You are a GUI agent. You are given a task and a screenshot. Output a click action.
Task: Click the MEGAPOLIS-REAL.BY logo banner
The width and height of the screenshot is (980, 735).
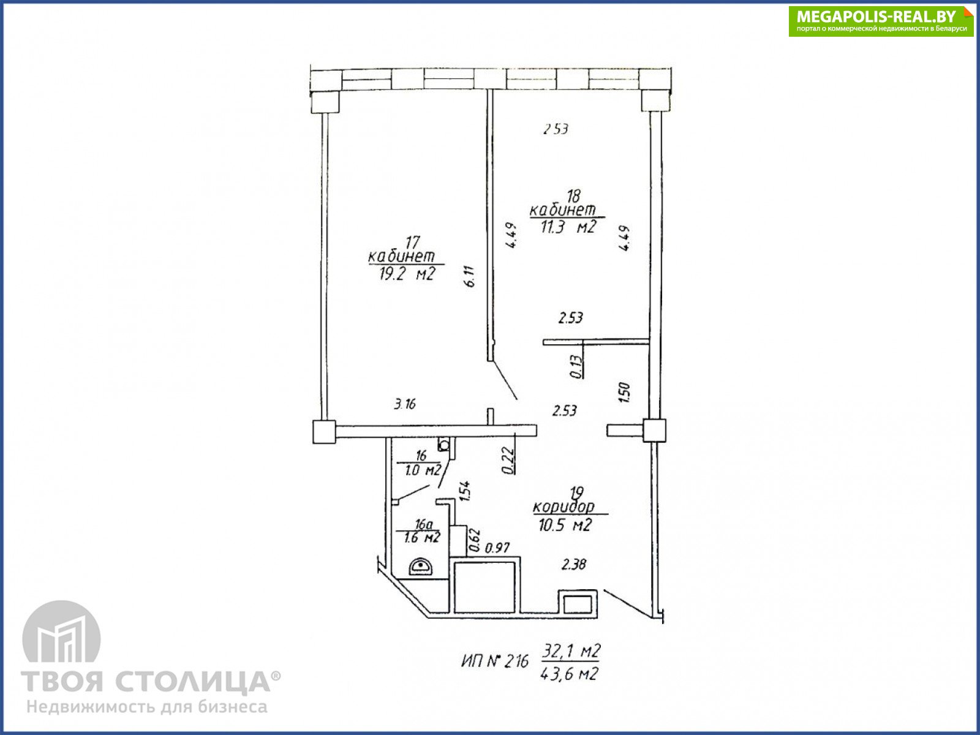(x=880, y=21)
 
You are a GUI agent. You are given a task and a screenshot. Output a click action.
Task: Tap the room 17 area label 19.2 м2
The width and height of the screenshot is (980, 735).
(x=407, y=274)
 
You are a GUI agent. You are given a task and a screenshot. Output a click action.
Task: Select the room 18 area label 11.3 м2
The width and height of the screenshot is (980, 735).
(x=568, y=227)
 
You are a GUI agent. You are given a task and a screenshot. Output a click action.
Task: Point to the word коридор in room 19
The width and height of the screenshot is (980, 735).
(x=564, y=507)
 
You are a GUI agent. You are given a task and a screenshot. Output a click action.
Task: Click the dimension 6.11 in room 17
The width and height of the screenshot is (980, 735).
(x=469, y=276)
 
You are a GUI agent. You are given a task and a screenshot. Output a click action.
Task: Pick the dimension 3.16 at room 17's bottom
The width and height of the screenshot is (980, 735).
(x=404, y=404)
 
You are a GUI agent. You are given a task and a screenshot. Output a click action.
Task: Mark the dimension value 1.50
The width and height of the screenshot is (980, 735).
(x=624, y=392)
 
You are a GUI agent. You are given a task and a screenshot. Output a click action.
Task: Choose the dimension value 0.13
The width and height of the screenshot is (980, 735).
(x=576, y=367)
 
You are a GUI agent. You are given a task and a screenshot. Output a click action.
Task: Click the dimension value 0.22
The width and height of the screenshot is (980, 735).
(x=508, y=461)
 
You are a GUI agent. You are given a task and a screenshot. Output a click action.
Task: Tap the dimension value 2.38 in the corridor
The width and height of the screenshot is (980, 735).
(x=574, y=565)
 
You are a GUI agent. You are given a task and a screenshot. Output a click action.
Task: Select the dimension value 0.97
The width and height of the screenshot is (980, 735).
(x=497, y=548)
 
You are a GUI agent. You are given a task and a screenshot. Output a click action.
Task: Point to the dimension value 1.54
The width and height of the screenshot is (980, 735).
(x=464, y=491)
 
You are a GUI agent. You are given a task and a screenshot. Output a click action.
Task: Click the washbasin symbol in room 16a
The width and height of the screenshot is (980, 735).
(x=421, y=567)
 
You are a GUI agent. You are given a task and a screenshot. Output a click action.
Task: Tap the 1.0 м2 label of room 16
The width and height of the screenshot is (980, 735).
(x=423, y=470)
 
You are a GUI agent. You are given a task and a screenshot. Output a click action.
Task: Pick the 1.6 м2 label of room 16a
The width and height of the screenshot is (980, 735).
(x=422, y=538)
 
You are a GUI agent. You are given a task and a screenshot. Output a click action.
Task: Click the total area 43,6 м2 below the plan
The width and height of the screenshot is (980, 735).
(x=569, y=674)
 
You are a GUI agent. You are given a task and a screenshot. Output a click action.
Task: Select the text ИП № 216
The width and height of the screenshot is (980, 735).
(x=495, y=661)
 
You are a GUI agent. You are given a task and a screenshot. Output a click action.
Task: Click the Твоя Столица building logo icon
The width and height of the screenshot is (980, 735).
(x=62, y=631)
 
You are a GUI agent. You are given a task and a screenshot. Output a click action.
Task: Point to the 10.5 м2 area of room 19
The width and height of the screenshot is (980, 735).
(x=565, y=525)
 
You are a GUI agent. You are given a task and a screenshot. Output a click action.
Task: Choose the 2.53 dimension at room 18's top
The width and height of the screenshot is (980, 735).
(x=556, y=129)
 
